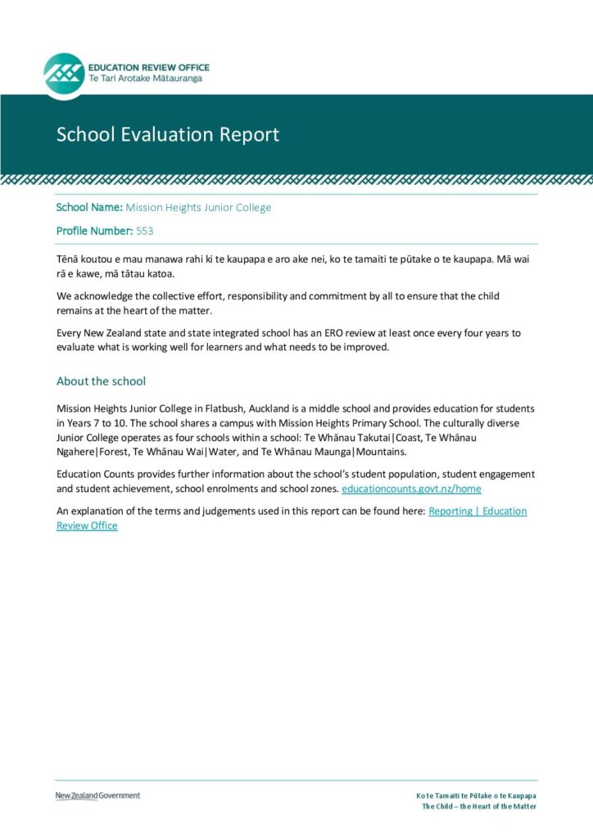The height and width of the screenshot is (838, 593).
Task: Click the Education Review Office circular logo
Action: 64,74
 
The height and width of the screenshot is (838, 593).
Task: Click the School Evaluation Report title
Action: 168,134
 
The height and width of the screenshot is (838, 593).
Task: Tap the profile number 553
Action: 145,232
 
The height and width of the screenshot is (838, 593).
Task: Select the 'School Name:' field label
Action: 89,207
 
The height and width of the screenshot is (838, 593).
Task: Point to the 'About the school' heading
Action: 101,381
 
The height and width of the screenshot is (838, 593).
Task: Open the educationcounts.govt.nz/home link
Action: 411,489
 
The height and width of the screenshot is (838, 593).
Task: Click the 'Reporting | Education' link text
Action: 478,511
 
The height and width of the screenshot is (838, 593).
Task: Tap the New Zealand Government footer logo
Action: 97,795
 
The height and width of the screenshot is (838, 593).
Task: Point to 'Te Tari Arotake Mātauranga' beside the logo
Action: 145,79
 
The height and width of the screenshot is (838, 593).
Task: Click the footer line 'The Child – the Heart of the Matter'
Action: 479,806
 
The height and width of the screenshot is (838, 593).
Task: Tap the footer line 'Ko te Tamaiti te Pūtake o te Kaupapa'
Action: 476,795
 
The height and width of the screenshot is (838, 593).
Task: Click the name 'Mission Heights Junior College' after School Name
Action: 198,207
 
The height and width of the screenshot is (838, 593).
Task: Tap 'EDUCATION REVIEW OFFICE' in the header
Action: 149,67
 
